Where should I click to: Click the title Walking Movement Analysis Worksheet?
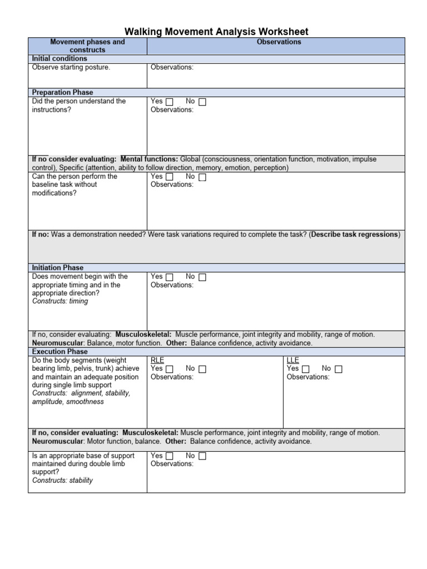216,32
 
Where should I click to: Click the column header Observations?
279,42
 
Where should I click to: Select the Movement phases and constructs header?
87,46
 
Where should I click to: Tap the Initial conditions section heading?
59,58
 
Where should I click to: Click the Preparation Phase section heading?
62,92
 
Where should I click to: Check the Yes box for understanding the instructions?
170,102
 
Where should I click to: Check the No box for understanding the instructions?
202,102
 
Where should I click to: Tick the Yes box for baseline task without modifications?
170,177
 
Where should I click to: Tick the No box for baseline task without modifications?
202,177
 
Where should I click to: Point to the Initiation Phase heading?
58,268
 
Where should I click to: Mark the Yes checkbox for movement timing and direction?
170,277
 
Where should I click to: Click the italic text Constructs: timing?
60,302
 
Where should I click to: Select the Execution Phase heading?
59,352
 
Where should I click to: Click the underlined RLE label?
157,360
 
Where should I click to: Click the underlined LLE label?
292,360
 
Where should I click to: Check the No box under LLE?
339,369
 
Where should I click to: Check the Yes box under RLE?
170,369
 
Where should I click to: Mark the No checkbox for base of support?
202,456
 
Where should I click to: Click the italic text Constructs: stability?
62,481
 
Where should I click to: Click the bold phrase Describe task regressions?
355,234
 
